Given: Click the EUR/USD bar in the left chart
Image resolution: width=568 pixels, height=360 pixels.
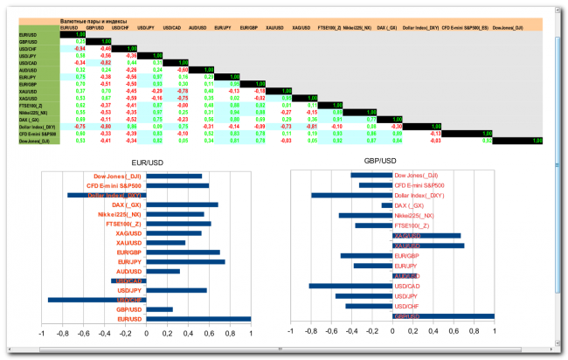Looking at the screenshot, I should [198, 319].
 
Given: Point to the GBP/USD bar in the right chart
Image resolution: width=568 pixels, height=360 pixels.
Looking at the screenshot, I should [443, 316].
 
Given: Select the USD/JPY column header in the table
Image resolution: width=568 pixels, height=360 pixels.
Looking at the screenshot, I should [146, 27].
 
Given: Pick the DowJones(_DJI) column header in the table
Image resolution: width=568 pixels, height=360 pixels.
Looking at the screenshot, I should [508, 27].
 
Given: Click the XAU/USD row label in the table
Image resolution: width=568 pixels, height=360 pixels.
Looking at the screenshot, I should [28, 91].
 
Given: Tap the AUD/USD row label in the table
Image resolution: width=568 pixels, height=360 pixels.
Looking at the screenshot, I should [28, 70].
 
